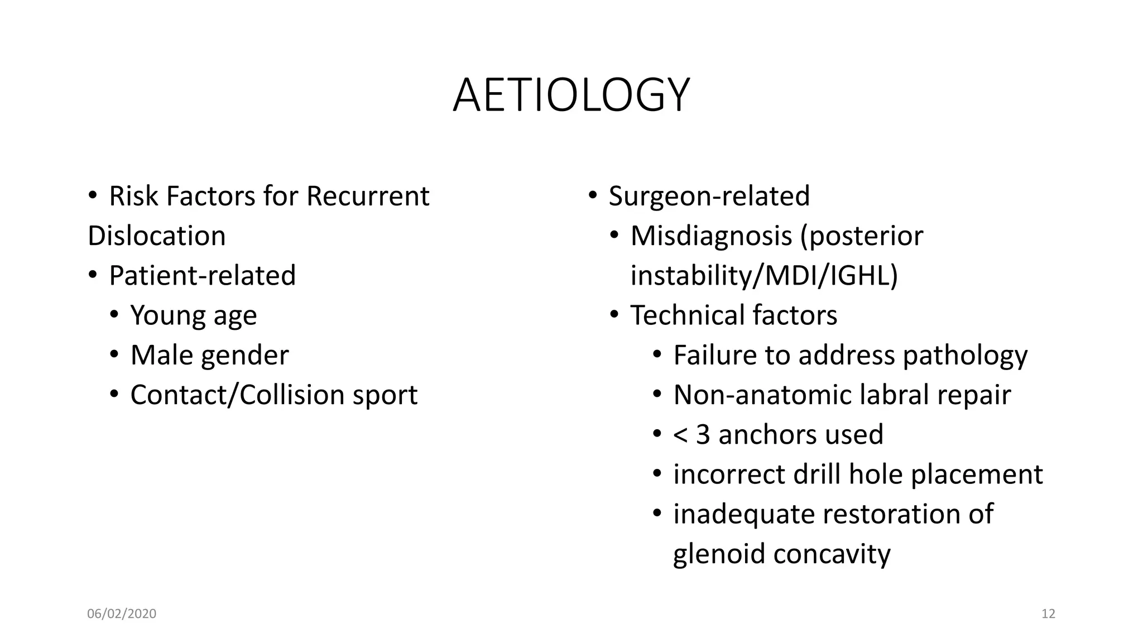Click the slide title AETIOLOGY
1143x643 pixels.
(x=571, y=95)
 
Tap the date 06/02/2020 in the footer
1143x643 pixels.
(x=122, y=614)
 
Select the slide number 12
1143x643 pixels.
(x=1048, y=614)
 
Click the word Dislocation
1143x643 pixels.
(x=157, y=236)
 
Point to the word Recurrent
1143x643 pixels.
(x=368, y=196)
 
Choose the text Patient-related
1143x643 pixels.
(x=202, y=275)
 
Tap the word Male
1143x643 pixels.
(x=162, y=355)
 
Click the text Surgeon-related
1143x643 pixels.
(x=709, y=196)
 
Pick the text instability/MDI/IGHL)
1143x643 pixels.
(x=764, y=276)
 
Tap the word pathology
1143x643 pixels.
(x=965, y=356)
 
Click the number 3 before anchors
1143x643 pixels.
(x=703, y=435)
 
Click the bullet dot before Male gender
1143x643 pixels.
(x=114, y=354)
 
